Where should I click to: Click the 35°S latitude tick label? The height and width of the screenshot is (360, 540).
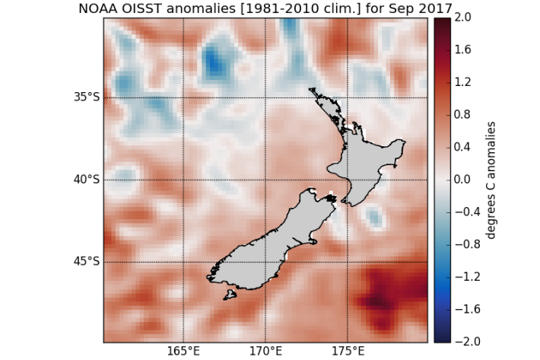pyautogui.click(x=86, y=97)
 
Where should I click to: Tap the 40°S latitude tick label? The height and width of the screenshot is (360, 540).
pyautogui.click(x=86, y=180)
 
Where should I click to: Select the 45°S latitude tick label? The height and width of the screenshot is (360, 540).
pyautogui.click(x=86, y=262)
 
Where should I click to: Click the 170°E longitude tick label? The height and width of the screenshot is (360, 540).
pyautogui.click(x=265, y=352)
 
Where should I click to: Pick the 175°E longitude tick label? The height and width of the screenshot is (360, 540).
pyautogui.click(x=348, y=352)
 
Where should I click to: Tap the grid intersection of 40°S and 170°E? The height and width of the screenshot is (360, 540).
pyautogui.click(x=265, y=180)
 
